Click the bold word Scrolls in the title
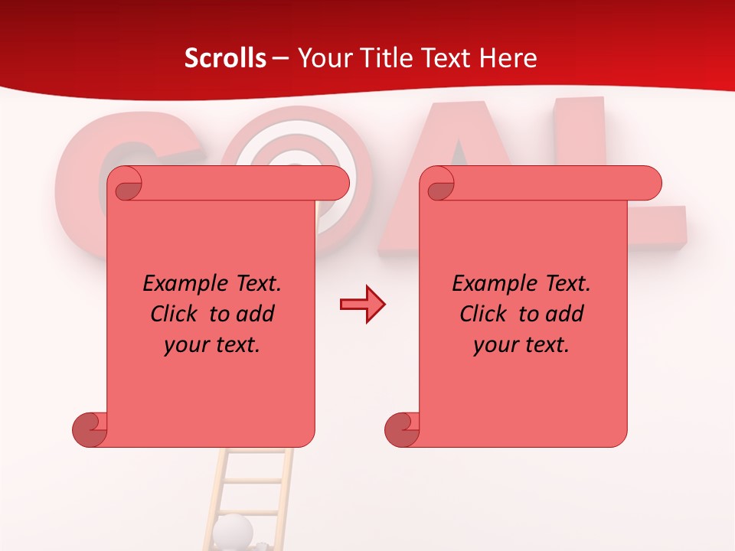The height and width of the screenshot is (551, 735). pyautogui.click(x=226, y=58)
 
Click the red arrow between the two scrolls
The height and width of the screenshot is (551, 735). pyautogui.click(x=362, y=305)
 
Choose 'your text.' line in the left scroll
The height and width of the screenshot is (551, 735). pyautogui.click(x=212, y=345)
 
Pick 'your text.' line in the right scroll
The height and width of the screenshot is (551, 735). pyautogui.click(x=521, y=345)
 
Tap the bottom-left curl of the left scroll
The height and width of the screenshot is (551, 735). pyautogui.click(x=90, y=429)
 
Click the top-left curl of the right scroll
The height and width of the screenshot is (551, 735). pyautogui.click(x=440, y=184)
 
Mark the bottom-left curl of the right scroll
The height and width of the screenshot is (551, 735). pyautogui.click(x=402, y=429)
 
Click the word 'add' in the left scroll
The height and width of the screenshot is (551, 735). pyautogui.click(x=256, y=314)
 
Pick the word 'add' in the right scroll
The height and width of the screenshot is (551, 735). pyautogui.click(x=565, y=314)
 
